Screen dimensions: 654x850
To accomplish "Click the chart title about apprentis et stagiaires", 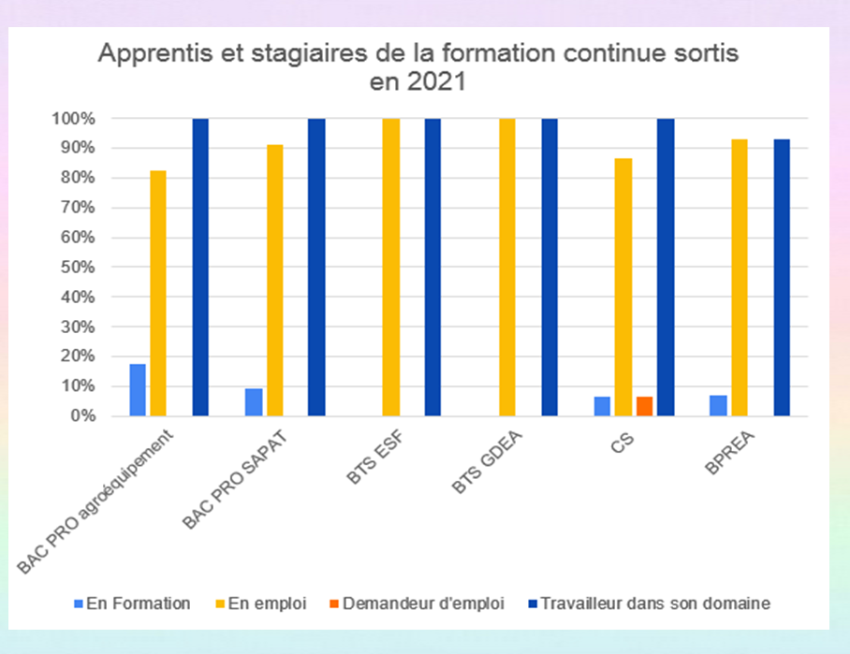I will [418, 67].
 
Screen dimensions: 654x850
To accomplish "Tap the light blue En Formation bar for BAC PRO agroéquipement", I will [138, 389].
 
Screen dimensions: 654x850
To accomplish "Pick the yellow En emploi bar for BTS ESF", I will [390, 267].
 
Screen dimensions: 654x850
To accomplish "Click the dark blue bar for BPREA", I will [782, 277].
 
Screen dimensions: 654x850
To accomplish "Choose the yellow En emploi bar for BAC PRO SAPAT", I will [273, 280].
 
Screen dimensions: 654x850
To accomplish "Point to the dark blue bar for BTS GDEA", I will [550, 267].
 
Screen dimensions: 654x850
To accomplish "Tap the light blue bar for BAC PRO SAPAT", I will [254, 401].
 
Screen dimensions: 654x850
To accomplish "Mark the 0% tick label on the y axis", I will [83, 415].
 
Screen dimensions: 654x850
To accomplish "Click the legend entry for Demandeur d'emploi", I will [423, 603].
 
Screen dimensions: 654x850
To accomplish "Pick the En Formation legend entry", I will [138, 603].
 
